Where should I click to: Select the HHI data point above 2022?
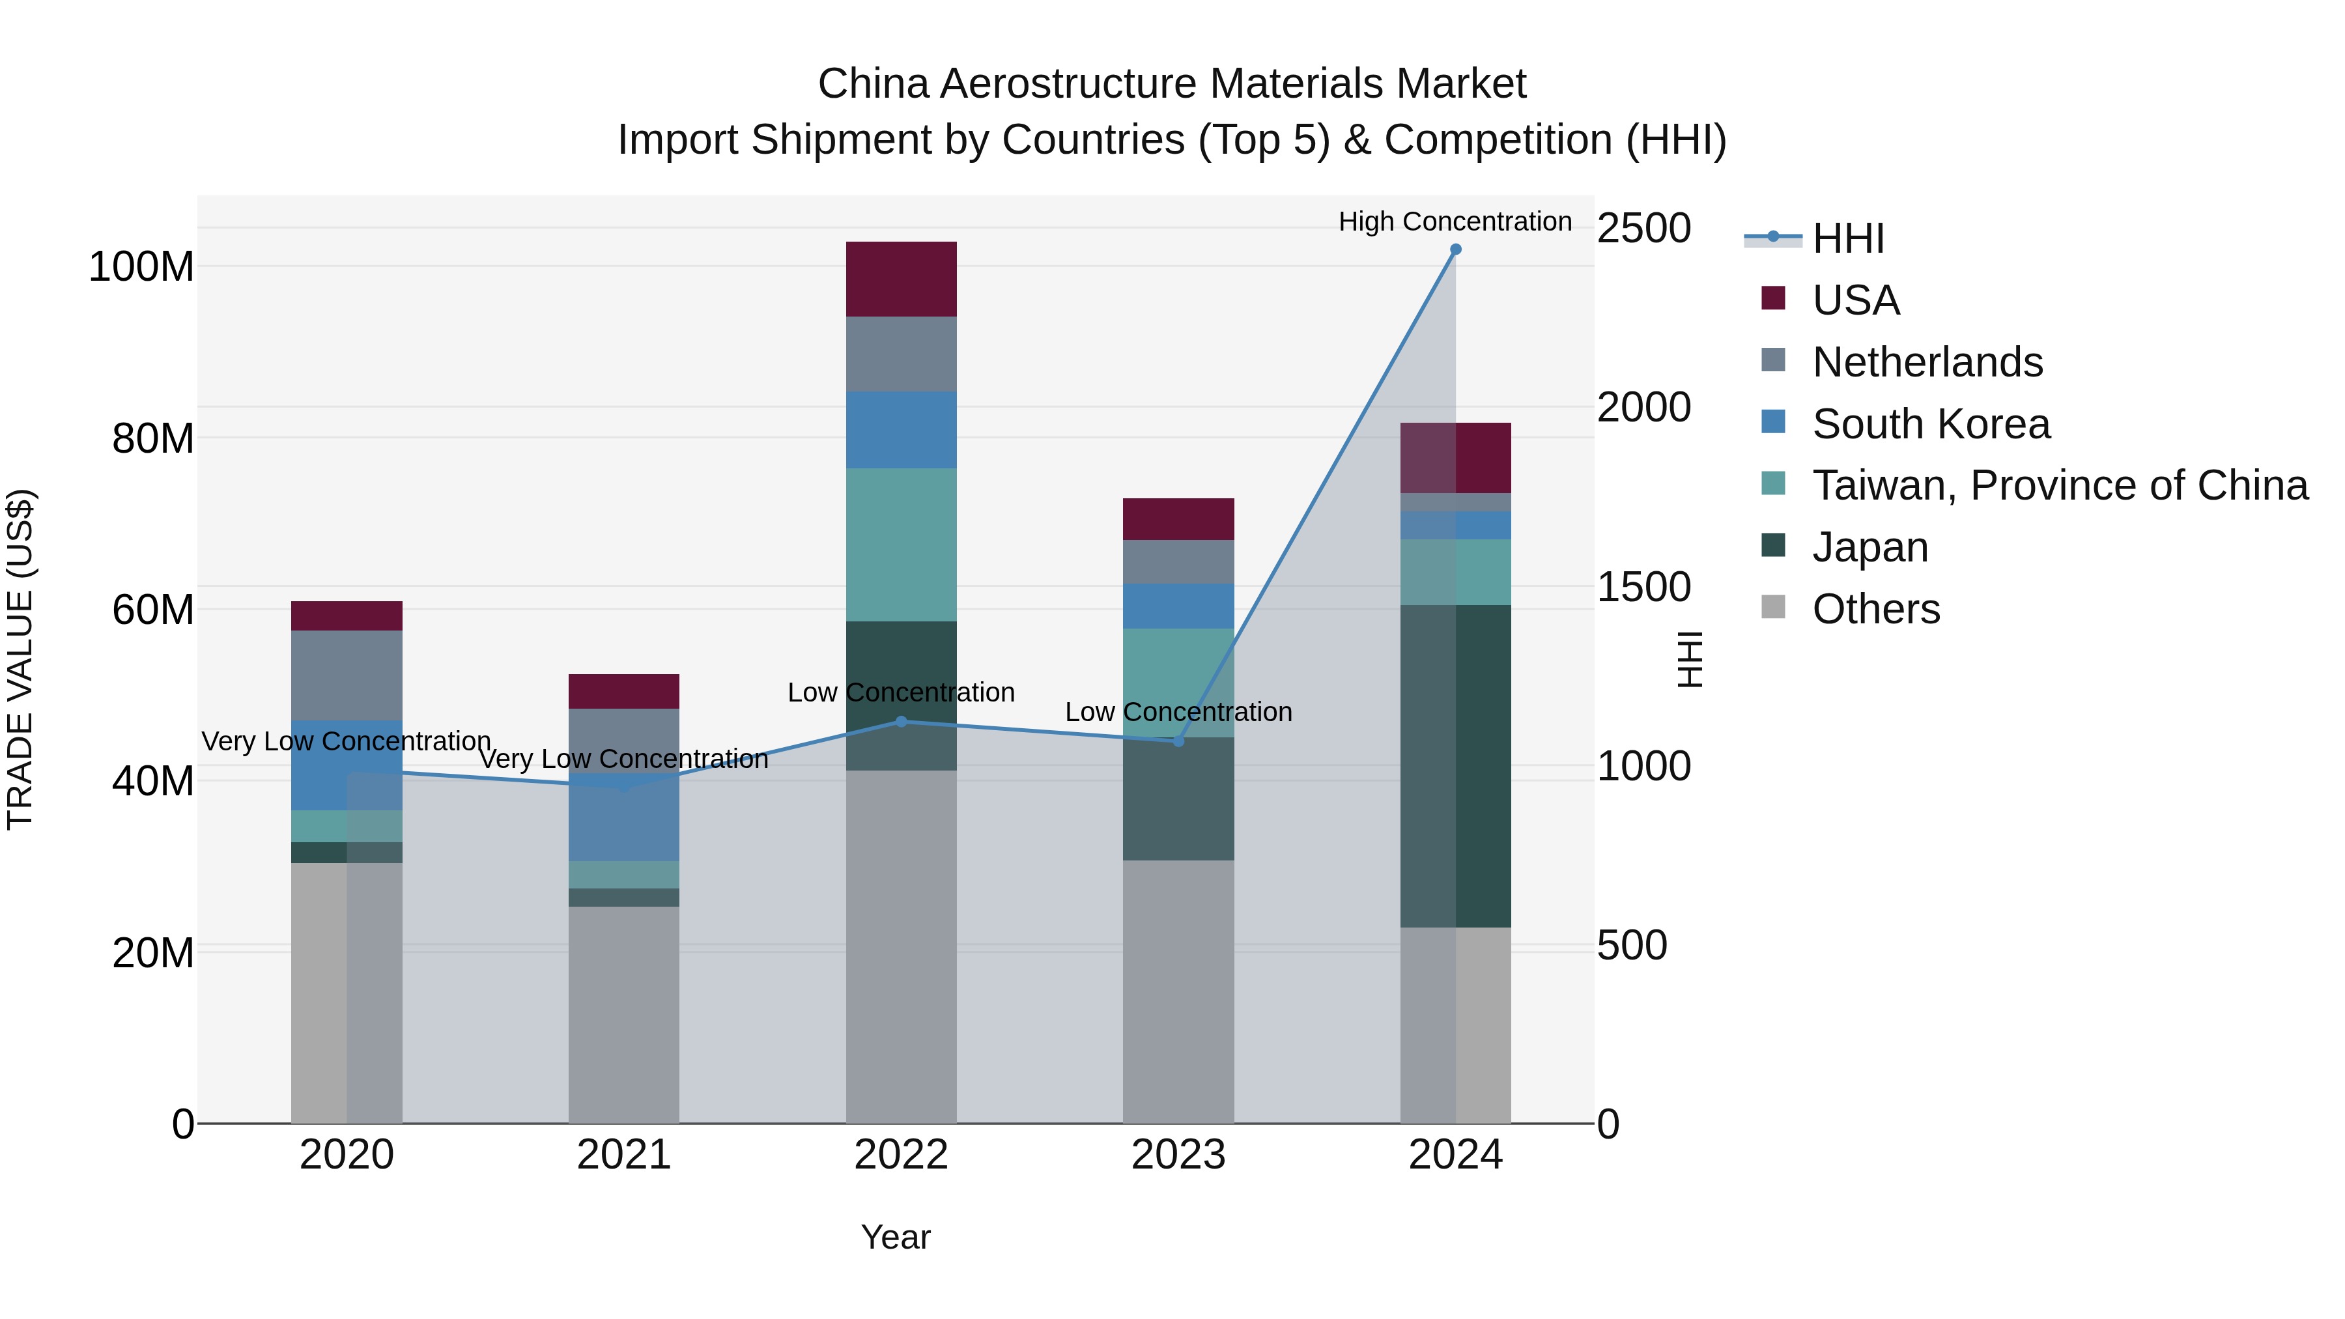[x=902, y=721]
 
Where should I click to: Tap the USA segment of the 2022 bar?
[x=902, y=279]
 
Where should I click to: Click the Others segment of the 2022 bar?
[x=902, y=946]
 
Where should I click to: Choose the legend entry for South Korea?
[x=1931, y=424]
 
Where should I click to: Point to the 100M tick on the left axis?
[x=141, y=266]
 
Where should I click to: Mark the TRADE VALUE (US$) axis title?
[x=20, y=659]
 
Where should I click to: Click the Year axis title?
[x=896, y=1237]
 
